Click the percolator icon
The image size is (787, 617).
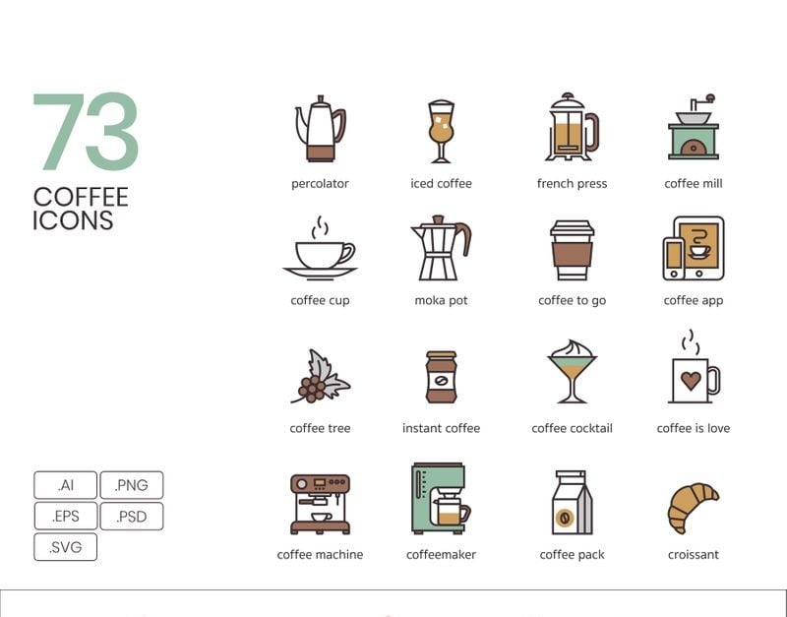[x=321, y=129]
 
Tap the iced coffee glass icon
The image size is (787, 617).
[x=441, y=132]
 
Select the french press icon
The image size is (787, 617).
[x=572, y=127]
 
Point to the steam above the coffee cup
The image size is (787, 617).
[x=320, y=228]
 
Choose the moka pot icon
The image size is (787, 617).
[x=441, y=248]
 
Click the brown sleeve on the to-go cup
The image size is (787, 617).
[x=572, y=255]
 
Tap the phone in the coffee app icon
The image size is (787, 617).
[x=674, y=259]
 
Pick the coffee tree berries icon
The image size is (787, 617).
[x=321, y=377]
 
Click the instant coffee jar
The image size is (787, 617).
[x=441, y=377]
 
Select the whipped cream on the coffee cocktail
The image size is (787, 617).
[x=573, y=348]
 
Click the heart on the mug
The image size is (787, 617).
[x=691, y=381]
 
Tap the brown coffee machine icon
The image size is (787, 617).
[x=321, y=504]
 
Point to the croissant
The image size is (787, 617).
[x=693, y=508]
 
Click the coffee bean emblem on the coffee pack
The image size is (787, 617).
[x=564, y=518]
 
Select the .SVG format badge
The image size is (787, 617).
[x=65, y=547]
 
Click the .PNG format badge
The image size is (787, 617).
[x=132, y=485]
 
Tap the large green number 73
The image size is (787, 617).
[x=86, y=132]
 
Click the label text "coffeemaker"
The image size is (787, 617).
[x=441, y=554]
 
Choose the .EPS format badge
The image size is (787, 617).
[x=65, y=516]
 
